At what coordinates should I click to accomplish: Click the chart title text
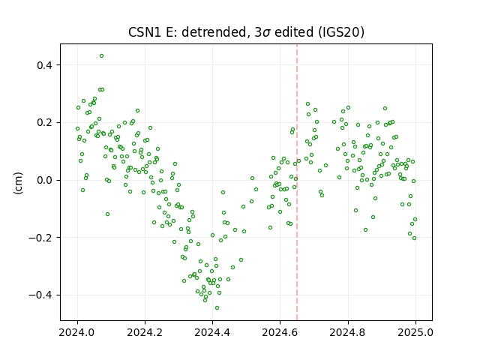[246, 32]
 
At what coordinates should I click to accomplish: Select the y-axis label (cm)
[18, 183]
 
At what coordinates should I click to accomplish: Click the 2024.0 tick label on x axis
[77, 332]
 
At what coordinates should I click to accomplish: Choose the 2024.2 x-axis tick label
[145, 332]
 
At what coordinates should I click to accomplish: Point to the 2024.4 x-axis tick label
[212, 332]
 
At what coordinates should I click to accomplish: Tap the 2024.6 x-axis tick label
[280, 332]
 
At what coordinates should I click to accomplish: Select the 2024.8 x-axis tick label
[348, 332]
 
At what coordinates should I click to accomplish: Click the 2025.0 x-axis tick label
[415, 332]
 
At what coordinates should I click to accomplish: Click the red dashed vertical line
[297, 182]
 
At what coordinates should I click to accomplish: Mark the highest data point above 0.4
[102, 55]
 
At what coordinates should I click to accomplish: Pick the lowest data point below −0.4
[217, 307]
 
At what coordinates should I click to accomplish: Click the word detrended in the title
[214, 32]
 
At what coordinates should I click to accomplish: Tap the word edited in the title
[294, 32]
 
